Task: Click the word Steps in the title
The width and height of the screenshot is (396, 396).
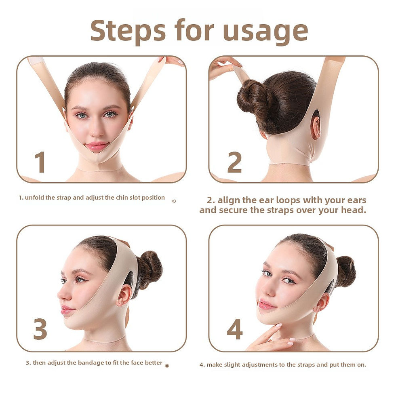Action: pyautogui.click(x=128, y=31)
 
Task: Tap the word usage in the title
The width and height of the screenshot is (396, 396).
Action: pyautogui.click(x=265, y=33)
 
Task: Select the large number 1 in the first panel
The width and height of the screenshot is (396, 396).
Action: pyautogui.click(x=40, y=162)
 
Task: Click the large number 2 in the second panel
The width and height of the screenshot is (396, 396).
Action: pyautogui.click(x=235, y=162)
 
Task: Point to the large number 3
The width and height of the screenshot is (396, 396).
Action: pyautogui.click(x=40, y=329)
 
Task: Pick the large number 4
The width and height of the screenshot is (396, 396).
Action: pyautogui.click(x=235, y=329)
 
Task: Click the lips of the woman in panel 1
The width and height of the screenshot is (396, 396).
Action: pyautogui.click(x=97, y=146)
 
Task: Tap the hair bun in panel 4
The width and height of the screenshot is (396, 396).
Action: pyautogui.click(x=345, y=272)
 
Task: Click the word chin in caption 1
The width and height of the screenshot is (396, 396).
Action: pyautogui.click(x=122, y=198)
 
